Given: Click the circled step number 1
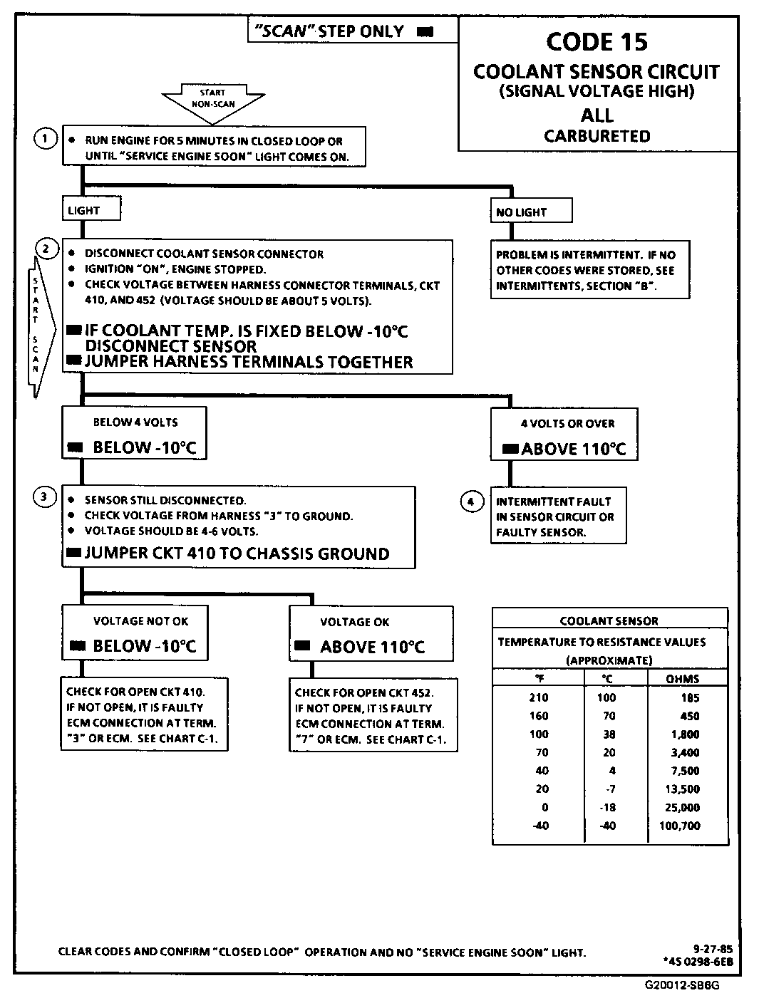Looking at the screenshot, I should tap(45, 139).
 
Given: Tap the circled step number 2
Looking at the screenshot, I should tap(46, 249).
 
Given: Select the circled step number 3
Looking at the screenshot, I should tap(45, 497).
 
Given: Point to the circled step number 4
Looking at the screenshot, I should tap(470, 502).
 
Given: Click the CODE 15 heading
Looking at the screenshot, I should tap(597, 42).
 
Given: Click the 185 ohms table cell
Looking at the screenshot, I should tap(690, 698).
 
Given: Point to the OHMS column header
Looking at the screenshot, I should tap(682, 679).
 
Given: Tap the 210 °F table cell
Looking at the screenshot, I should tap(539, 697).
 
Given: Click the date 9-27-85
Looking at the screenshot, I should tap(712, 948).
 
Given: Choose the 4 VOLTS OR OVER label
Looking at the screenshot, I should tap(567, 423).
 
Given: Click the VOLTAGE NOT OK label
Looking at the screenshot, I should tap(140, 620).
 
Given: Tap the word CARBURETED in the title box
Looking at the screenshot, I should tap(597, 136).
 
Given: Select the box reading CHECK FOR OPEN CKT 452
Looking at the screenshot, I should tap(373, 715).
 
